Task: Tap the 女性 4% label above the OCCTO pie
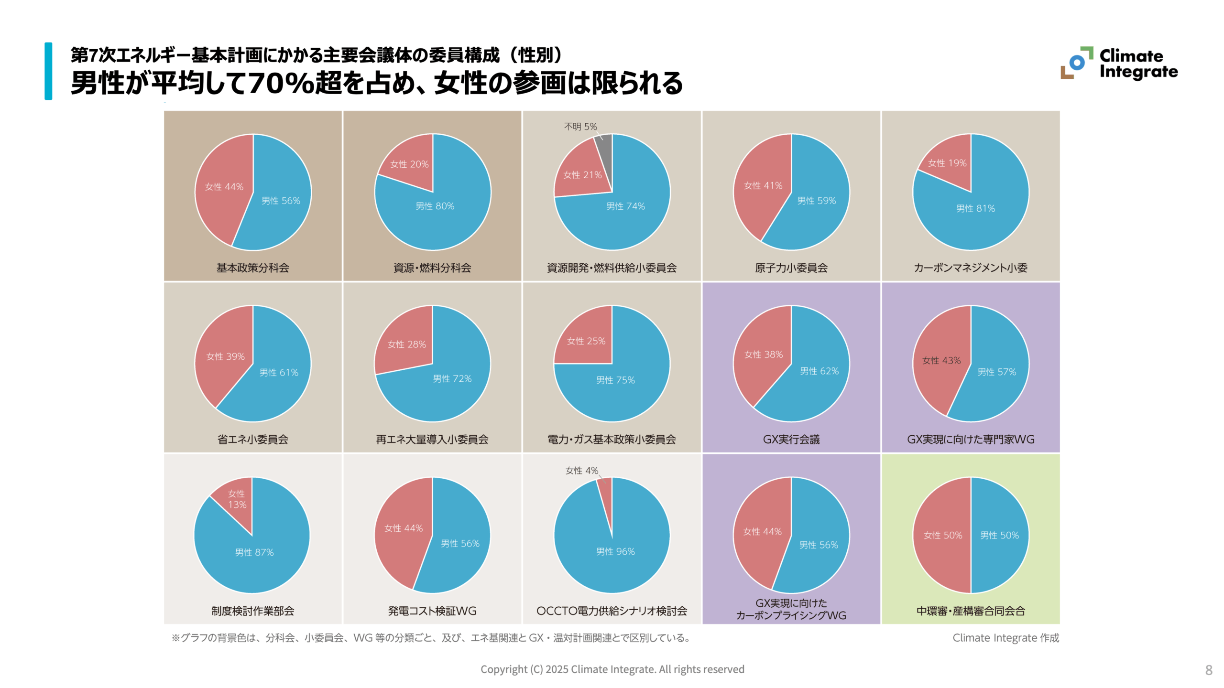click(581, 471)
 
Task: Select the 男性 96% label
click(615, 551)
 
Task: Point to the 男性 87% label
click(254, 552)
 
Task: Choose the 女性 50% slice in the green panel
click(942, 535)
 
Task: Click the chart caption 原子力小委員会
click(791, 268)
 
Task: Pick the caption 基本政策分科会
click(252, 268)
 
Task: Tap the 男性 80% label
click(435, 206)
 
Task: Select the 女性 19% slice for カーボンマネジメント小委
click(947, 163)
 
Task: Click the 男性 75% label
click(615, 380)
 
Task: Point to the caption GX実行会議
click(791, 440)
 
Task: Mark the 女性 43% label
click(941, 360)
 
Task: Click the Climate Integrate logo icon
click(1076, 63)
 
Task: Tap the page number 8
click(1209, 670)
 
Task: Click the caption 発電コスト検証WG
click(432, 611)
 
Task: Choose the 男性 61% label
click(279, 372)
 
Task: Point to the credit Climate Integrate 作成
click(1005, 638)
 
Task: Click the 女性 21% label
click(582, 175)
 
